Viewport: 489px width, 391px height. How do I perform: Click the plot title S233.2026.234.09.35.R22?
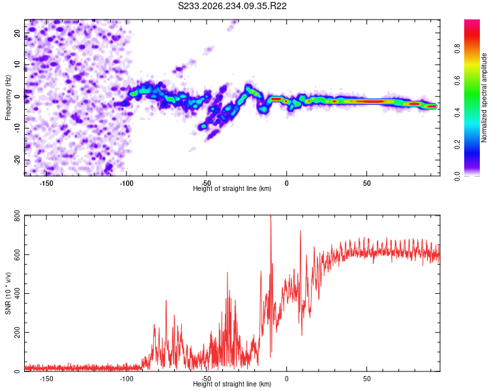(x=232, y=6)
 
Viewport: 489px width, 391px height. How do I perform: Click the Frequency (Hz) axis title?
(x=8, y=98)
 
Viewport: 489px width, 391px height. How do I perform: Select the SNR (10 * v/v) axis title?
(x=8, y=293)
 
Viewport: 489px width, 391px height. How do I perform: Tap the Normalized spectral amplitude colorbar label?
(x=484, y=98)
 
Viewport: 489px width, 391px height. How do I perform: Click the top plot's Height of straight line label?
(x=232, y=188)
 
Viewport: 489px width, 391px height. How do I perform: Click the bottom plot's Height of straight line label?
(x=232, y=384)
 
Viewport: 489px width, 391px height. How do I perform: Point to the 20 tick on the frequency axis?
(x=17, y=33)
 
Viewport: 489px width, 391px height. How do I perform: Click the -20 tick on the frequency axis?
(x=17, y=160)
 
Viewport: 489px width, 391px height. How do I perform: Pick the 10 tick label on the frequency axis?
(x=17, y=65)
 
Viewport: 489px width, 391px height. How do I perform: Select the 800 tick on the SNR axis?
(x=17, y=216)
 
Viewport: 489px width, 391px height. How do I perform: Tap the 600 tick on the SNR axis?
(x=17, y=254)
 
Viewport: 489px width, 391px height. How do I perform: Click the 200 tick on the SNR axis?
(x=17, y=332)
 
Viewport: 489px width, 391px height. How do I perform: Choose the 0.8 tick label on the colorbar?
(x=457, y=48)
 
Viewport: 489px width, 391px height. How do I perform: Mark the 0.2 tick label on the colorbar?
(x=457, y=144)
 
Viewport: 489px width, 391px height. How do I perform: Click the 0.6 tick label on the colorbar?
(x=457, y=80)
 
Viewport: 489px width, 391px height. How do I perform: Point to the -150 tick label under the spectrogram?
(x=46, y=183)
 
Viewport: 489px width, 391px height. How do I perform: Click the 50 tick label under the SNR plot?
(x=366, y=379)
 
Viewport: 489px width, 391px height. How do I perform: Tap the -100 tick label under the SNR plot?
(x=126, y=379)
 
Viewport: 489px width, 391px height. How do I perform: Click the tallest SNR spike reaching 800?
(x=271, y=216)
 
